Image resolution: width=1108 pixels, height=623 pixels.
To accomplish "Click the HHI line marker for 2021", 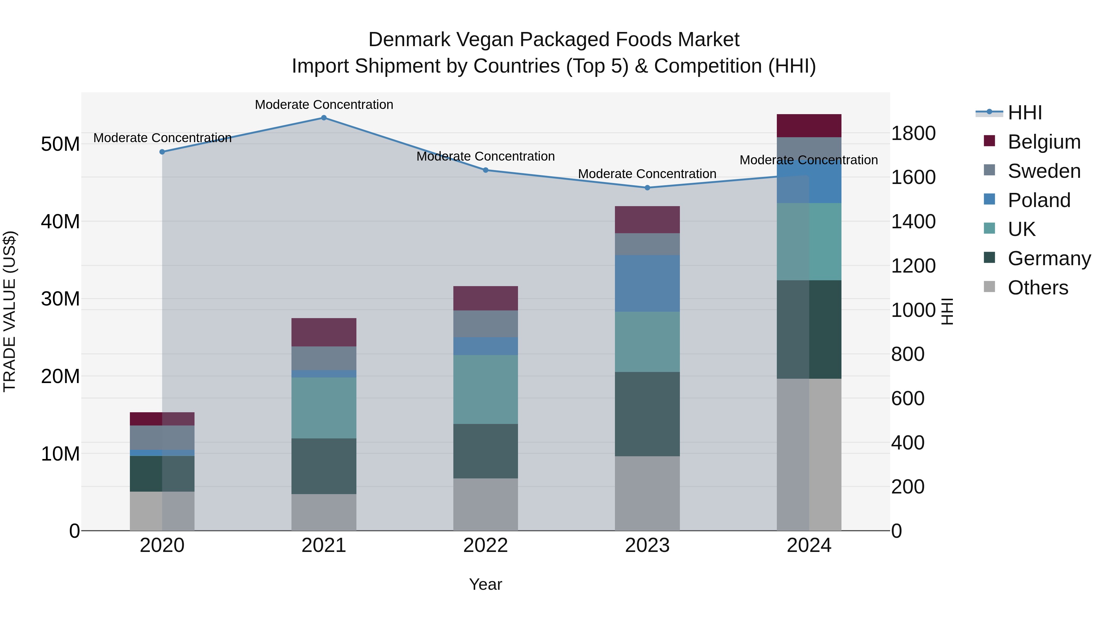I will (324, 118).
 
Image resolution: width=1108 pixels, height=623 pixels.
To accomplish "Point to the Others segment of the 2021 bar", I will (324, 512).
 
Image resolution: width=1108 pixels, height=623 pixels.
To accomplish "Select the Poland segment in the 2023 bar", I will (647, 283).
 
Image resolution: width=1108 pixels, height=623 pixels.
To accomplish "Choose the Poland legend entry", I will (1038, 200).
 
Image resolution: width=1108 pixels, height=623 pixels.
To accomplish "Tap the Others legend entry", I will (1038, 288).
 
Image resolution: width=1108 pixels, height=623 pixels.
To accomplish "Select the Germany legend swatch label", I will (1049, 258).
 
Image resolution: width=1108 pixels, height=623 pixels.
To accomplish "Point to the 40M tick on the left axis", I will (60, 222).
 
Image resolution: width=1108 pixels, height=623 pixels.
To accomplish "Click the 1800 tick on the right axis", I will (913, 133).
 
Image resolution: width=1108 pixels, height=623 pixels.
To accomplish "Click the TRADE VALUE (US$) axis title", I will (10, 311).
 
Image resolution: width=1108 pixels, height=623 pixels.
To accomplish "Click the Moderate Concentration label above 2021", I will (324, 105).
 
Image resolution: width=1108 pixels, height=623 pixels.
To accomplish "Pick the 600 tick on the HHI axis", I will (908, 398).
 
